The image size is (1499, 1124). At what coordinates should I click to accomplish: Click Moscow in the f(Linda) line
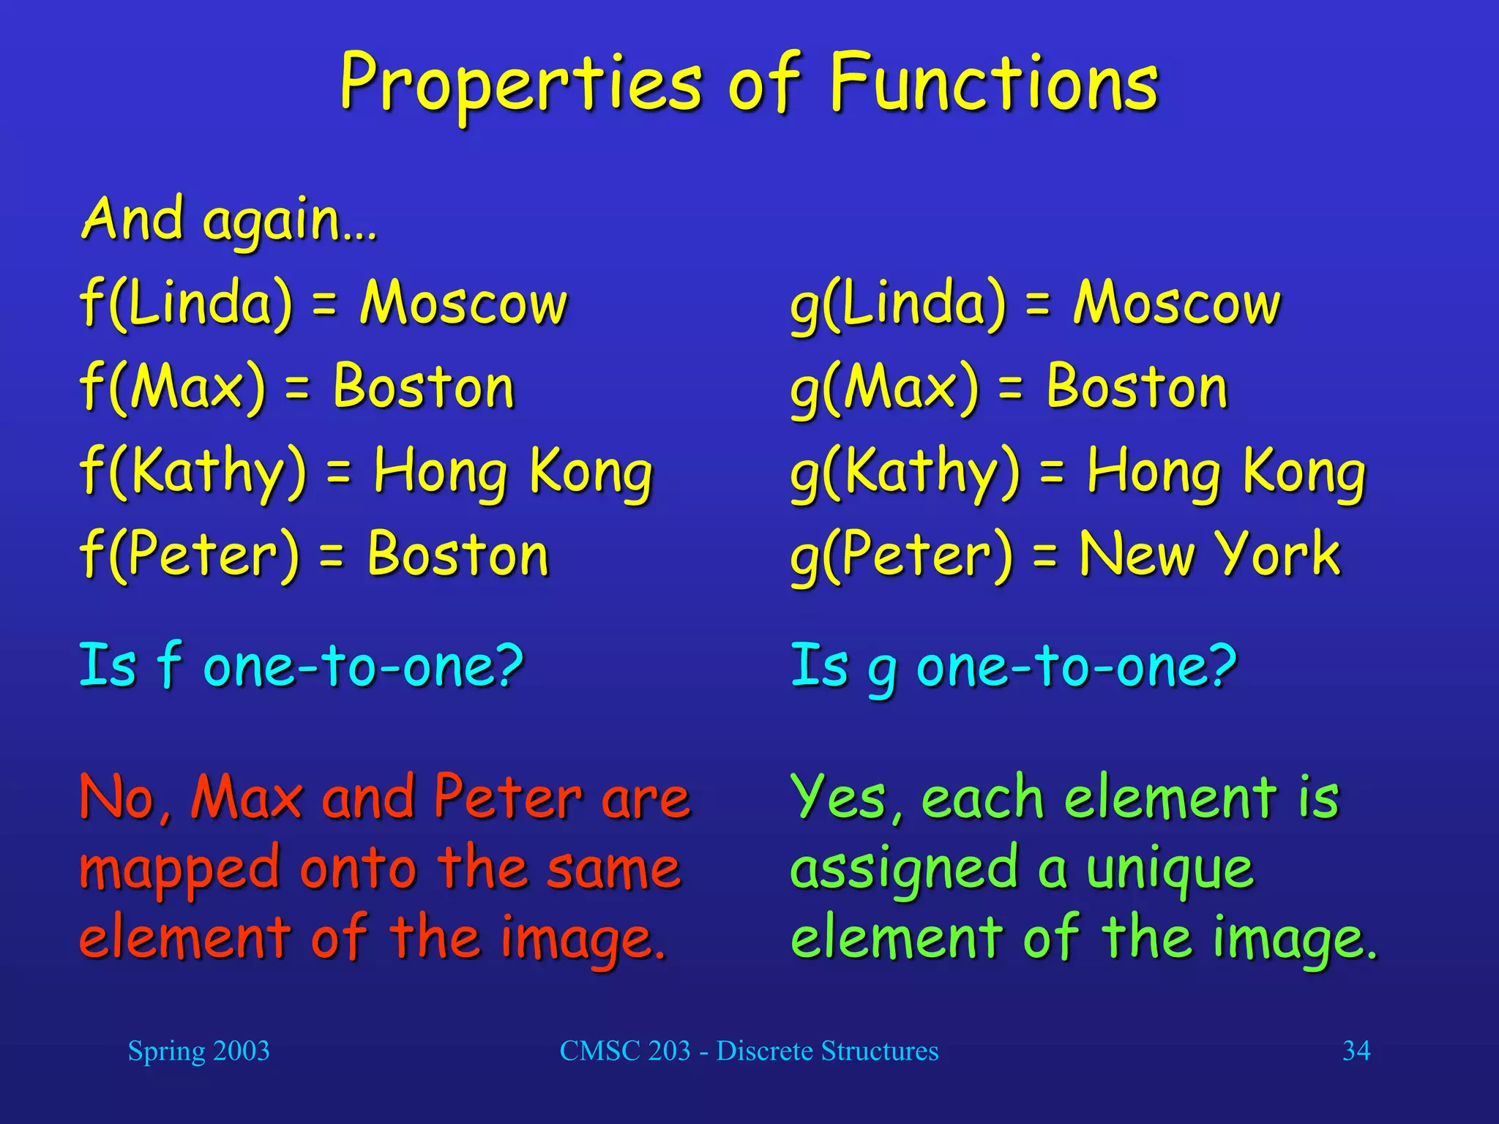point(463,303)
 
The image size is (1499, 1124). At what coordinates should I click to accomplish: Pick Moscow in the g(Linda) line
point(1177,303)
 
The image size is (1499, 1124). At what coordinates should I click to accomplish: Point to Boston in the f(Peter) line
point(458,555)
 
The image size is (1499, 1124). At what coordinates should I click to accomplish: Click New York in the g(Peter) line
point(1209,555)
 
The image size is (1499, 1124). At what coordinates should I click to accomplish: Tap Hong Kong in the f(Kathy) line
point(512,472)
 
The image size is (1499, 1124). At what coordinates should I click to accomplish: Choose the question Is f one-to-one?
point(301,666)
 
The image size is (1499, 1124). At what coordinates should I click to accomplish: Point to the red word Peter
point(508,798)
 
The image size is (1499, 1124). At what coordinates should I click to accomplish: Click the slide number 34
point(1356,1051)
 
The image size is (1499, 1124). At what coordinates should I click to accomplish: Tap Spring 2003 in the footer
point(198,1051)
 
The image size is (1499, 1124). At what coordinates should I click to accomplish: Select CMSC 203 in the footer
point(624,1051)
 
